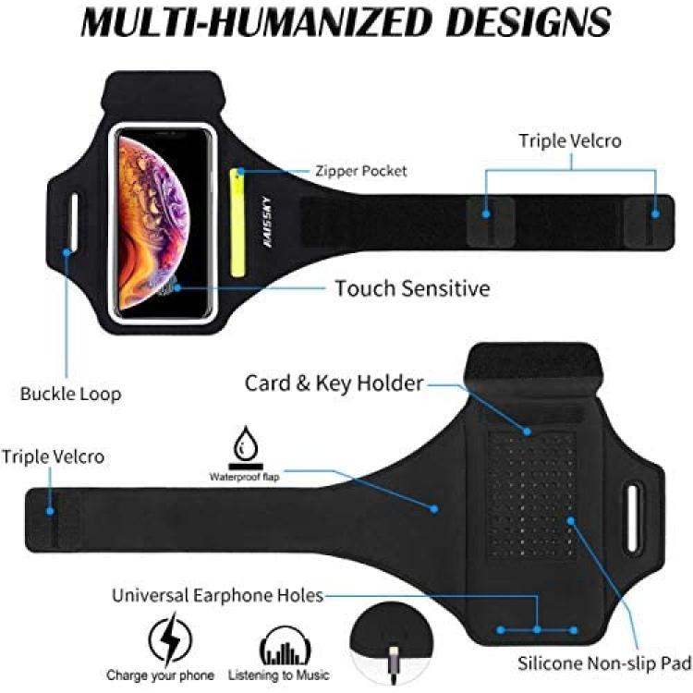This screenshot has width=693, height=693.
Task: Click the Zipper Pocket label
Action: pos(360,171)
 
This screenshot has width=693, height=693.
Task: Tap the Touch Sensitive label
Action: pos(412,288)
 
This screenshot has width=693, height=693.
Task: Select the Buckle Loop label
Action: pos(71,394)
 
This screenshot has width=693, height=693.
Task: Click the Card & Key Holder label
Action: pos(334,383)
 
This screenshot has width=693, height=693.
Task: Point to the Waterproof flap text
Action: pos(244,477)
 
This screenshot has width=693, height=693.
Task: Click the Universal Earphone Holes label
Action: pos(217,595)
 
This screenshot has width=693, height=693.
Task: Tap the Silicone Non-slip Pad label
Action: pos(604,663)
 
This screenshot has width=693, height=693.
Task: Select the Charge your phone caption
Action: pos(160,675)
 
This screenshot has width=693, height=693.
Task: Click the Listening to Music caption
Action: pos(279,675)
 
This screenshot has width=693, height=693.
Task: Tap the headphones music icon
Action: pos(286,646)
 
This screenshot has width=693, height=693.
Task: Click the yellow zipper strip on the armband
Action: pos(237,223)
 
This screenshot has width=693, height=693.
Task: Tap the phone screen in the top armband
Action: pos(164,223)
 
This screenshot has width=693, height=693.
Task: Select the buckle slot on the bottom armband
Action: pos(632,517)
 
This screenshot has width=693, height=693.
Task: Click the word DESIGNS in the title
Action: pos(529,22)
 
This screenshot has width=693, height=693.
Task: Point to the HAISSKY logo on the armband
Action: pos(267,222)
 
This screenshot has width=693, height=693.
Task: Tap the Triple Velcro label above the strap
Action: pos(570,140)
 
